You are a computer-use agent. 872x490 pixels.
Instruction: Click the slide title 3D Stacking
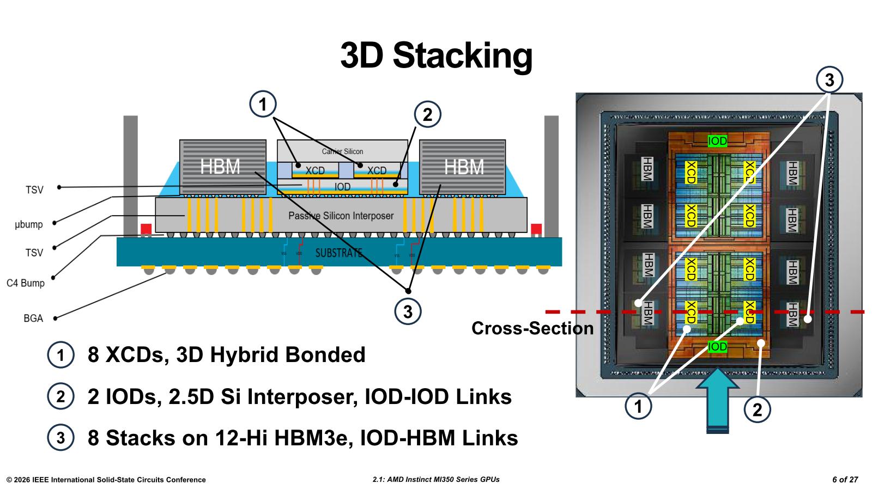click(x=436, y=55)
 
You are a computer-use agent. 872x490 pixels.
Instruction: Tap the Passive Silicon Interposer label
click(x=341, y=216)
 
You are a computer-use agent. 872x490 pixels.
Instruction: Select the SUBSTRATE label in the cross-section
click(x=338, y=253)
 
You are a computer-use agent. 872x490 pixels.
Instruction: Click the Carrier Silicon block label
click(x=342, y=151)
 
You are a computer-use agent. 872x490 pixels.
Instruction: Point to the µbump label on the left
click(x=29, y=224)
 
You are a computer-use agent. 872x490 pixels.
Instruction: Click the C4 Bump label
click(x=26, y=283)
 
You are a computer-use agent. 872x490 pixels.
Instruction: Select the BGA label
click(x=33, y=318)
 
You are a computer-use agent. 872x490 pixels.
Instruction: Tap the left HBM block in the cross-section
click(x=220, y=167)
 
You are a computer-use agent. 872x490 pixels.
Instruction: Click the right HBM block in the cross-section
click(x=464, y=167)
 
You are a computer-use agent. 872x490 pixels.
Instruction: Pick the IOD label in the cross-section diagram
click(x=342, y=187)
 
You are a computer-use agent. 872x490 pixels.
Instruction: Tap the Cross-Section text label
click(x=532, y=328)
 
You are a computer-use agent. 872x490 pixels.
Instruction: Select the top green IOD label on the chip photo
click(x=717, y=141)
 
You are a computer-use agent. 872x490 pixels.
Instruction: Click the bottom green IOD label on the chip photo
click(x=717, y=346)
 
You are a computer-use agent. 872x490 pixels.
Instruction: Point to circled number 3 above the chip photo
click(x=829, y=81)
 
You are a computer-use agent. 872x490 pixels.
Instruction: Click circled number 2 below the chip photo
click(x=757, y=410)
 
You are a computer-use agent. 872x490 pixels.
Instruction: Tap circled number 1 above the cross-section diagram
click(x=263, y=104)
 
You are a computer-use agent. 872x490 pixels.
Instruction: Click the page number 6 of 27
click(x=845, y=480)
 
